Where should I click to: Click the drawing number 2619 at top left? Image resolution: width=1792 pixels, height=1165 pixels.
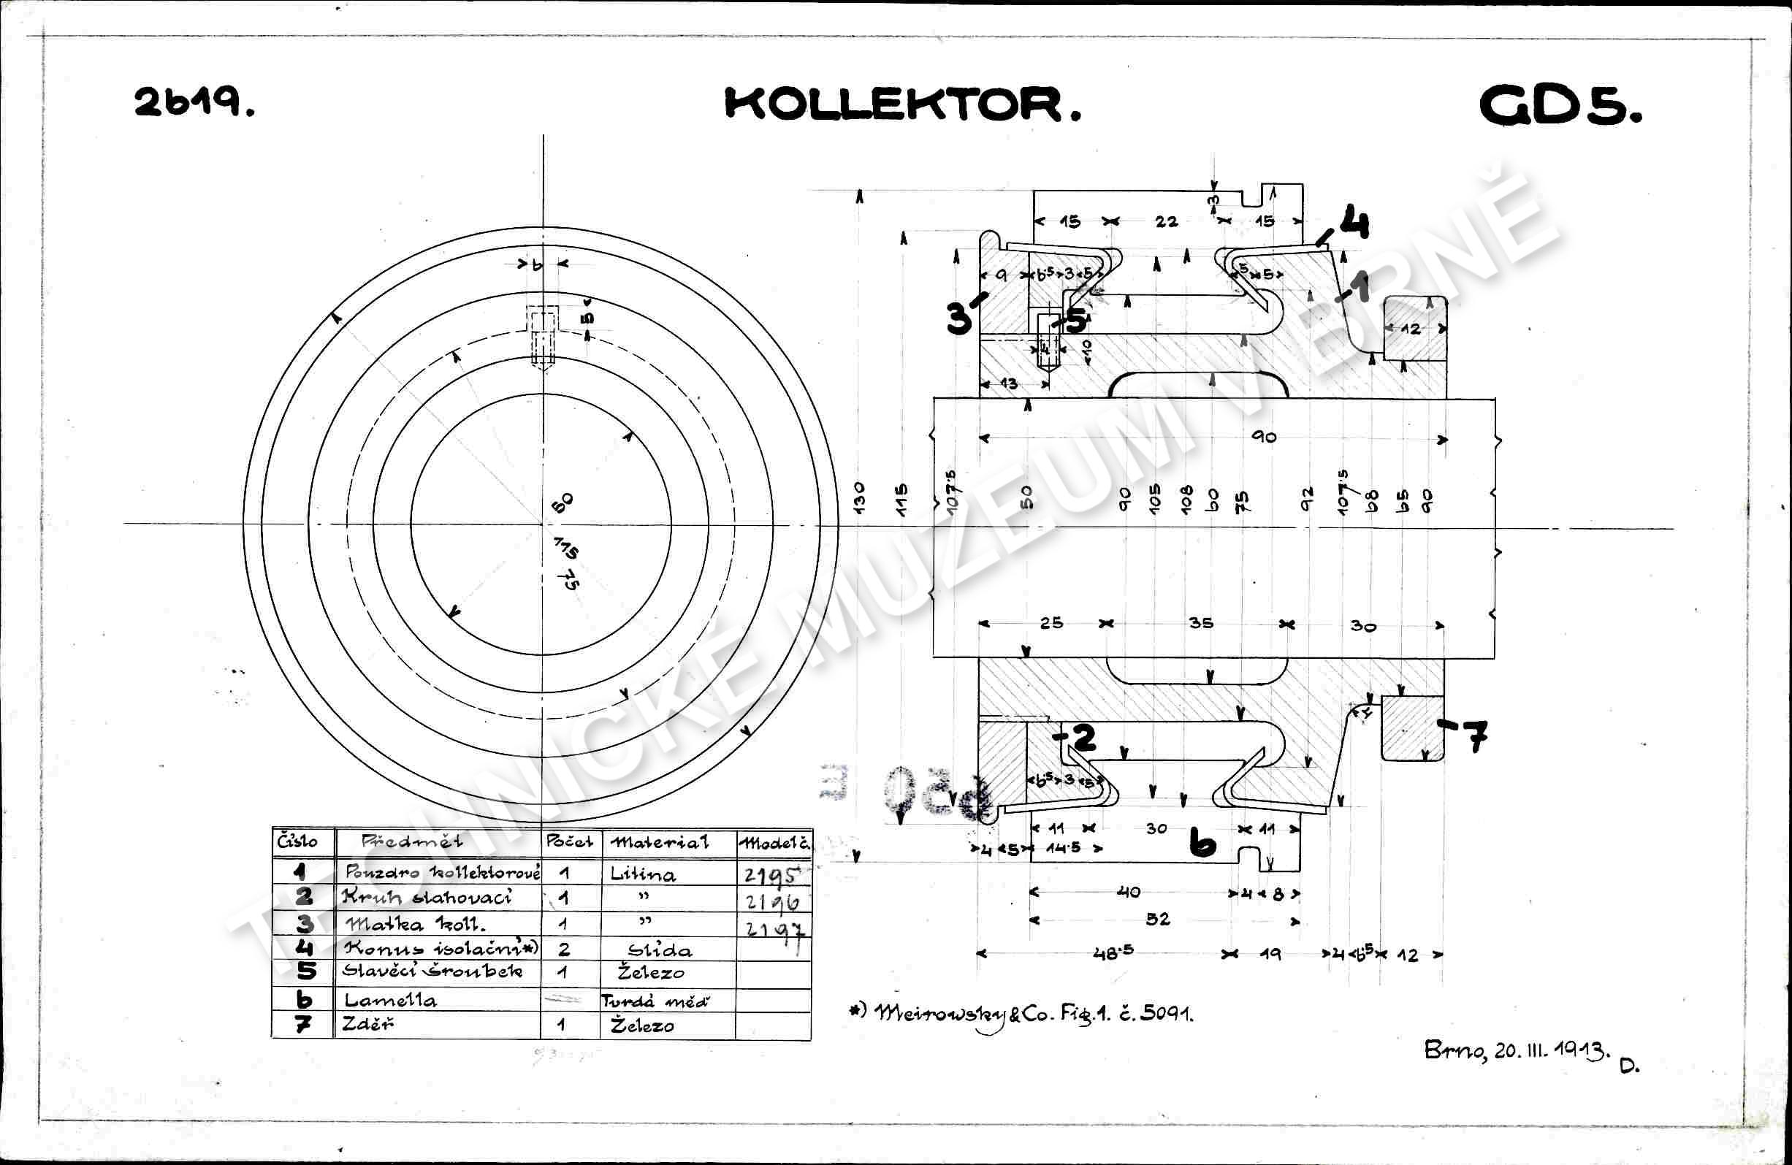click(194, 102)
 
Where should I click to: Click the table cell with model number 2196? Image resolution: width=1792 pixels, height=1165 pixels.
click(771, 900)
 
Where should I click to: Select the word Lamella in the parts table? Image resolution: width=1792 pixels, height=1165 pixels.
click(389, 1000)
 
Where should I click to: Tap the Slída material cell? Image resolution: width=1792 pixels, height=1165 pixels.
click(660, 950)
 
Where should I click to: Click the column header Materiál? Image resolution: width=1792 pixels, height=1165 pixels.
click(660, 842)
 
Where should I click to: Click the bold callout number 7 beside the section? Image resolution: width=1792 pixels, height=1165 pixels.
click(1475, 736)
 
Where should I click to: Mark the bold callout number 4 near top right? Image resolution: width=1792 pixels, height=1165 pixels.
click(1353, 224)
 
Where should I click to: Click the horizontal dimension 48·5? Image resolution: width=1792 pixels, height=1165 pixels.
click(1113, 952)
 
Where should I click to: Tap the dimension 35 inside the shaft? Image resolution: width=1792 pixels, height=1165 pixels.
click(1200, 623)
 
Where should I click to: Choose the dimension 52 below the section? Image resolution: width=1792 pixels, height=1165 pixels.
click(1158, 918)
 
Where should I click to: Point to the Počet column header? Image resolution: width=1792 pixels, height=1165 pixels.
click(569, 841)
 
